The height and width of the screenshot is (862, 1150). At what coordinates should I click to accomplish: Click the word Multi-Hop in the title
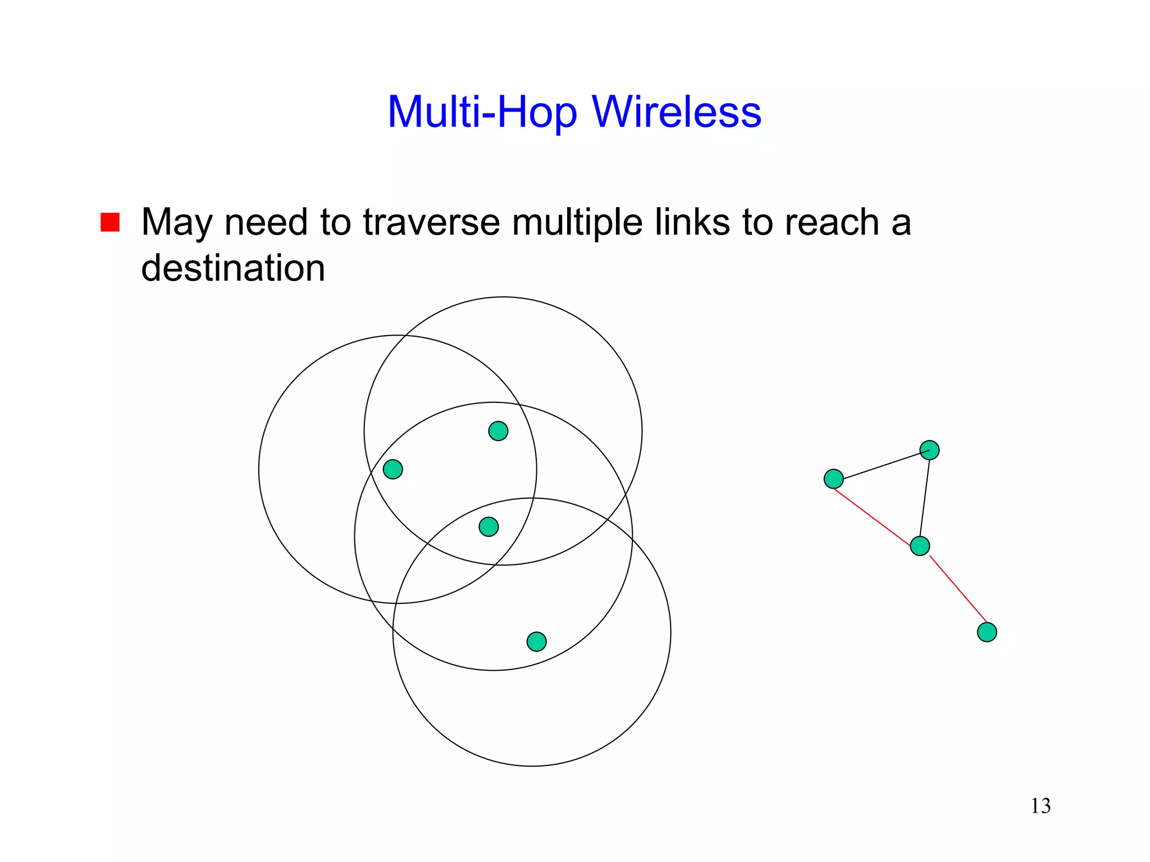pyautogui.click(x=482, y=112)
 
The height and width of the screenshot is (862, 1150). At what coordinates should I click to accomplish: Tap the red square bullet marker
pyautogui.click(x=110, y=222)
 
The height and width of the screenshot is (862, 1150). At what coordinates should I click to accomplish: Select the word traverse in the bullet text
pyautogui.click(x=431, y=222)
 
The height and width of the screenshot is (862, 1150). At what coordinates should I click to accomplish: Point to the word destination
pyautogui.click(x=233, y=268)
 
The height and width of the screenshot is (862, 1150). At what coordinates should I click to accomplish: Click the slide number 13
pyautogui.click(x=1041, y=806)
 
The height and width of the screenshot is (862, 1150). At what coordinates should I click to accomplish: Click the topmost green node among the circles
pyautogui.click(x=498, y=431)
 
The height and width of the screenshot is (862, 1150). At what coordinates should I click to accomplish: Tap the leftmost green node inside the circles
pyautogui.click(x=393, y=469)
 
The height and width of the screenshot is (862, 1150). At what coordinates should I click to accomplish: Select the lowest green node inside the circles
pyautogui.click(x=536, y=641)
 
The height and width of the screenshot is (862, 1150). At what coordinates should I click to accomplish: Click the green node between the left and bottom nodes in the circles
pyautogui.click(x=489, y=527)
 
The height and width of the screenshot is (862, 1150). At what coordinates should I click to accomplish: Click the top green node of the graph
pyautogui.click(x=929, y=450)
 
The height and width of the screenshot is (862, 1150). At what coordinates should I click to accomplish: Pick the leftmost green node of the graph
pyautogui.click(x=833, y=479)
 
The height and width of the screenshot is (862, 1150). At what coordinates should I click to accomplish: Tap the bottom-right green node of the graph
pyautogui.click(x=987, y=632)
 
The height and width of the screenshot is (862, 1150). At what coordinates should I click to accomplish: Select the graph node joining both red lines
pyautogui.click(x=920, y=545)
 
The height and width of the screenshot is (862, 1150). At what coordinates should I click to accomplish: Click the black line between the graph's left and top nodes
pyautogui.click(x=882, y=465)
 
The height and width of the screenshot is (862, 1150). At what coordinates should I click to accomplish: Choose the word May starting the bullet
pyautogui.click(x=176, y=223)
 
